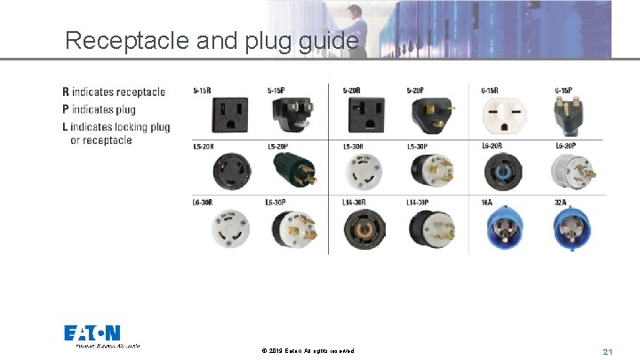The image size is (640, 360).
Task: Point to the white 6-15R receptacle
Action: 500,115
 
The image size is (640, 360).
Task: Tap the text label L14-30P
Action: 419,203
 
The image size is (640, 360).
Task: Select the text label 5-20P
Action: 415,90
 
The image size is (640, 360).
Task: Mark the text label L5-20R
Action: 204,146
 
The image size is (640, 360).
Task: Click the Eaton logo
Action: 92,333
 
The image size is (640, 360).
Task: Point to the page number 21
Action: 608,352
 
